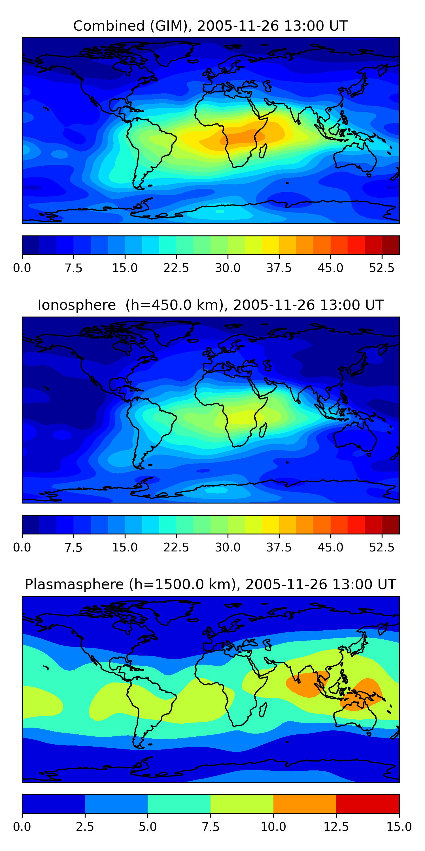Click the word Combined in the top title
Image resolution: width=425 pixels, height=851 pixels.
tap(109, 26)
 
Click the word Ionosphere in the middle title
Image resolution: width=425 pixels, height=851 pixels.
tap(76, 305)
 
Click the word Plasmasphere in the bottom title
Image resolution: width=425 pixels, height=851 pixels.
tap(74, 584)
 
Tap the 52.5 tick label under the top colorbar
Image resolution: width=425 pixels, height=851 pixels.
tap(381, 268)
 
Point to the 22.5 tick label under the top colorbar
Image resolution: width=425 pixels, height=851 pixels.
tap(176, 268)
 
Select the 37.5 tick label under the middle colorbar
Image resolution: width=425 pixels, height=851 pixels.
tap(279, 547)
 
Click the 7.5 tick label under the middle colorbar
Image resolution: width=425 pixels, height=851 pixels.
tap(73, 547)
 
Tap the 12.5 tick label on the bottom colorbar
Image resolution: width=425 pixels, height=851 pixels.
tap(336, 827)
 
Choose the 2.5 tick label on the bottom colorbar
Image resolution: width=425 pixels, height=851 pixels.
tap(85, 827)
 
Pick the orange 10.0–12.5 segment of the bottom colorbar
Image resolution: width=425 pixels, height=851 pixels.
tap(305, 804)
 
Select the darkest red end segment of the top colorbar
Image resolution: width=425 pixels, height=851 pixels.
tap(391, 245)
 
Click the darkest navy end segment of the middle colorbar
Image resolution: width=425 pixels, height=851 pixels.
tap(30, 524)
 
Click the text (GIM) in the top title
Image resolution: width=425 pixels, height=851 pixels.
tap(171, 26)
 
